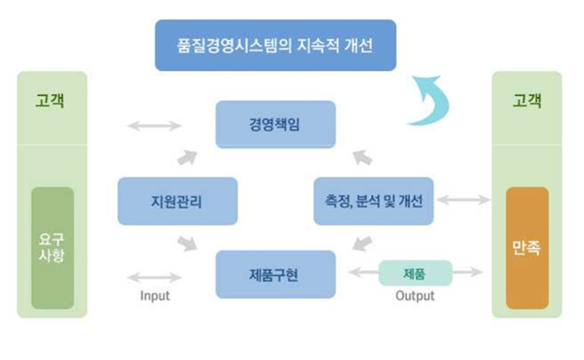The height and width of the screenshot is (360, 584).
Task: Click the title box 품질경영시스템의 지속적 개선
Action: (276, 46)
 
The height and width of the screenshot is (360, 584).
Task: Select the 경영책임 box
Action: (276, 125)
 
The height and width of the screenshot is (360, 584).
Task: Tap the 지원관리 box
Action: (177, 202)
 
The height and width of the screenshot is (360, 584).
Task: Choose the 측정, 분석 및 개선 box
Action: (374, 202)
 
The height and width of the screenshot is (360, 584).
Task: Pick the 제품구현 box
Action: (276, 274)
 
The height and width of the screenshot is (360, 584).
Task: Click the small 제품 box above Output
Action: (415, 273)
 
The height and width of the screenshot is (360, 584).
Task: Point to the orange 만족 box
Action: (527, 248)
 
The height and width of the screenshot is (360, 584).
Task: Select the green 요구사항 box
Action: (53, 248)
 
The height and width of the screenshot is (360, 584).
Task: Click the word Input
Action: (155, 295)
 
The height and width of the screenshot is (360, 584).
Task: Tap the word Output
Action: (415, 295)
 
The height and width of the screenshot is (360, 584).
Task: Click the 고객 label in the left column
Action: (50, 100)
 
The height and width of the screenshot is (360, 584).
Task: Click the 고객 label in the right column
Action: (527, 100)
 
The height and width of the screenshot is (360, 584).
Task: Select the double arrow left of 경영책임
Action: (154, 125)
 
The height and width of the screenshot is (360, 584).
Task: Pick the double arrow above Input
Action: (154, 277)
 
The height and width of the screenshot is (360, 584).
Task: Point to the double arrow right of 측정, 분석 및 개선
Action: (464, 200)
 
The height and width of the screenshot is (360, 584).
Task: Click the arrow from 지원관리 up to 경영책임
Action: (187, 157)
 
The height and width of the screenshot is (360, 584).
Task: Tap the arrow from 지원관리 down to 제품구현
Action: (187, 243)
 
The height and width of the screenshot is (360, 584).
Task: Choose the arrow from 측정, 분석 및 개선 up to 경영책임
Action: (363, 157)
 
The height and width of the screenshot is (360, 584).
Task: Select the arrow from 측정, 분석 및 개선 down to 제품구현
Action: (363, 243)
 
